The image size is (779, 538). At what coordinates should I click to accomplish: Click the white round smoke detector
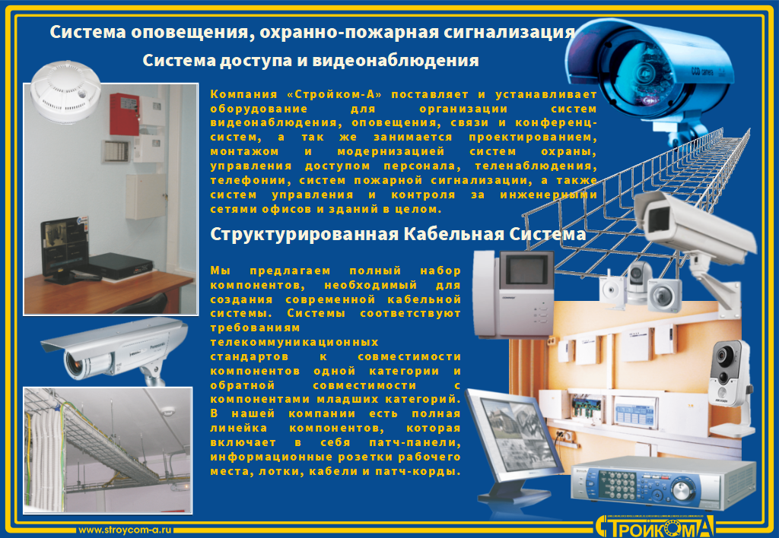(65, 90)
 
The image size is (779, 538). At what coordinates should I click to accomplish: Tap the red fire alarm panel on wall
(124, 114)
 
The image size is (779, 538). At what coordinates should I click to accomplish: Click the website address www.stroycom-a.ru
(126, 530)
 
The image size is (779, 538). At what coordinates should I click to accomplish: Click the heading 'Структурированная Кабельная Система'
(398, 234)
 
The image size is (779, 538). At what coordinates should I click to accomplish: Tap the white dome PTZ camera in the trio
(639, 280)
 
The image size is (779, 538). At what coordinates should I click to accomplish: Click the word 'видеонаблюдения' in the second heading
(396, 61)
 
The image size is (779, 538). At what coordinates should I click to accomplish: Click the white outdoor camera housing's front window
(658, 218)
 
